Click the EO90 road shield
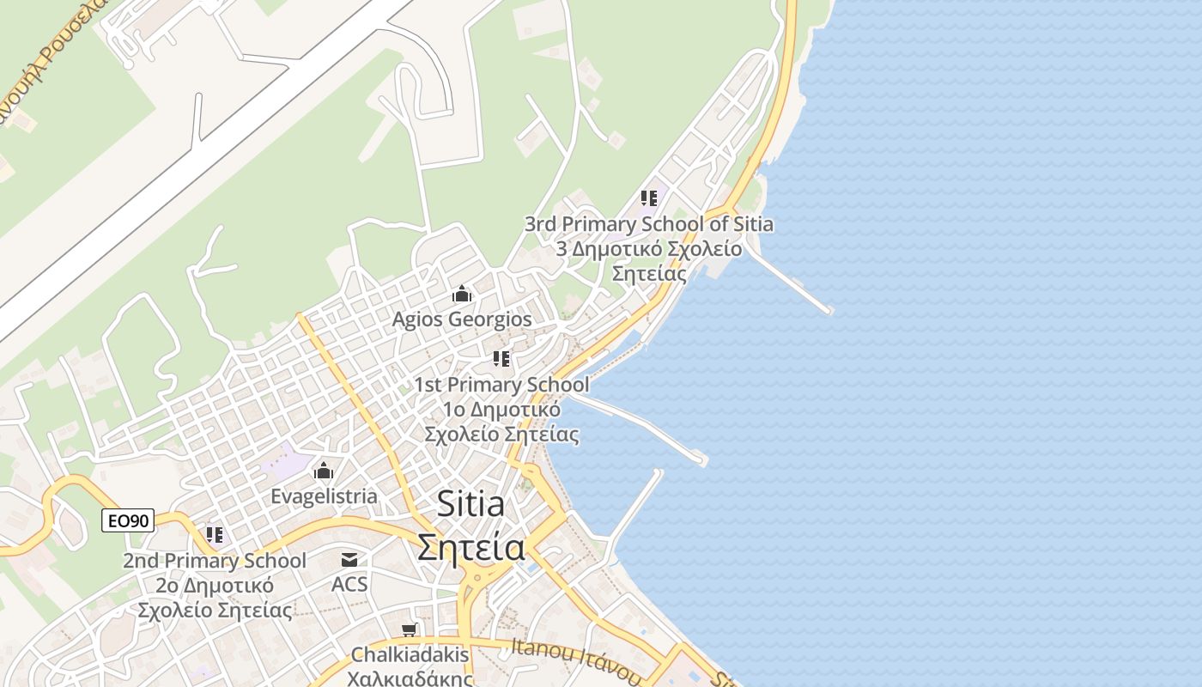[x=128, y=520]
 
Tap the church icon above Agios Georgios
[x=462, y=295]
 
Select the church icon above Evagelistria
[x=324, y=471]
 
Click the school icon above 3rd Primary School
[x=649, y=198]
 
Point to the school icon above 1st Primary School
[x=501, y=359]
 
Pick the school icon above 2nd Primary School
[x=215, y=535]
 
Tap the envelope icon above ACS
[x=349, y=560]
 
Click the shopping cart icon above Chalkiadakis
[x=410, y=630]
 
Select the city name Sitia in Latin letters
[x=470, y=504]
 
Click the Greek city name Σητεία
[x=470, y=547]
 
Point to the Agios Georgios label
[x=462, y=319]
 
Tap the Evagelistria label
[x=324, y=496]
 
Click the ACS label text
[x=349, y=585]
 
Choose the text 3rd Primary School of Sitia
[x=649, y=224]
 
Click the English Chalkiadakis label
[x=410, y=655]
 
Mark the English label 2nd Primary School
[x=215, y=561]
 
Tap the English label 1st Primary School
[x=501, y=384]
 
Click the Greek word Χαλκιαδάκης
[x=410, y=678]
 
